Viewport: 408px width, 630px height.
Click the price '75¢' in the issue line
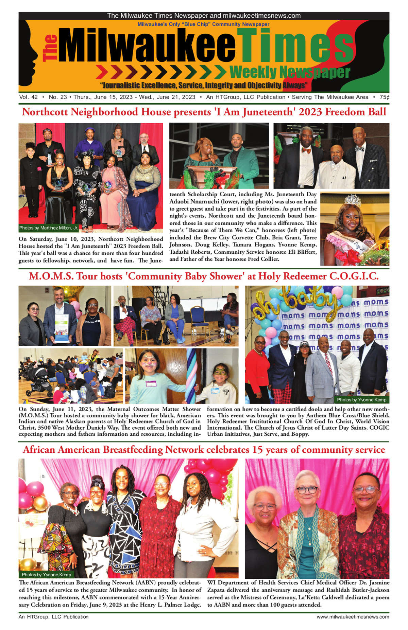click(384, 97)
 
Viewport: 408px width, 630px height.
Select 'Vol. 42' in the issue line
click(29, 97)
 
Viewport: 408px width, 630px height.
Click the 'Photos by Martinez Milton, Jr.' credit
click(48, 228)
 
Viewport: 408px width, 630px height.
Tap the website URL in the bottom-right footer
click(353, 617)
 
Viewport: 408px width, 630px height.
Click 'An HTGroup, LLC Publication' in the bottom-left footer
click(53, 617)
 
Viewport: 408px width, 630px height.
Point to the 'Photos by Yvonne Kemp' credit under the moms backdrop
click(361, 400)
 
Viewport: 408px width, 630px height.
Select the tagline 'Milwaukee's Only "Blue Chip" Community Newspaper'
click(203, 24)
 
